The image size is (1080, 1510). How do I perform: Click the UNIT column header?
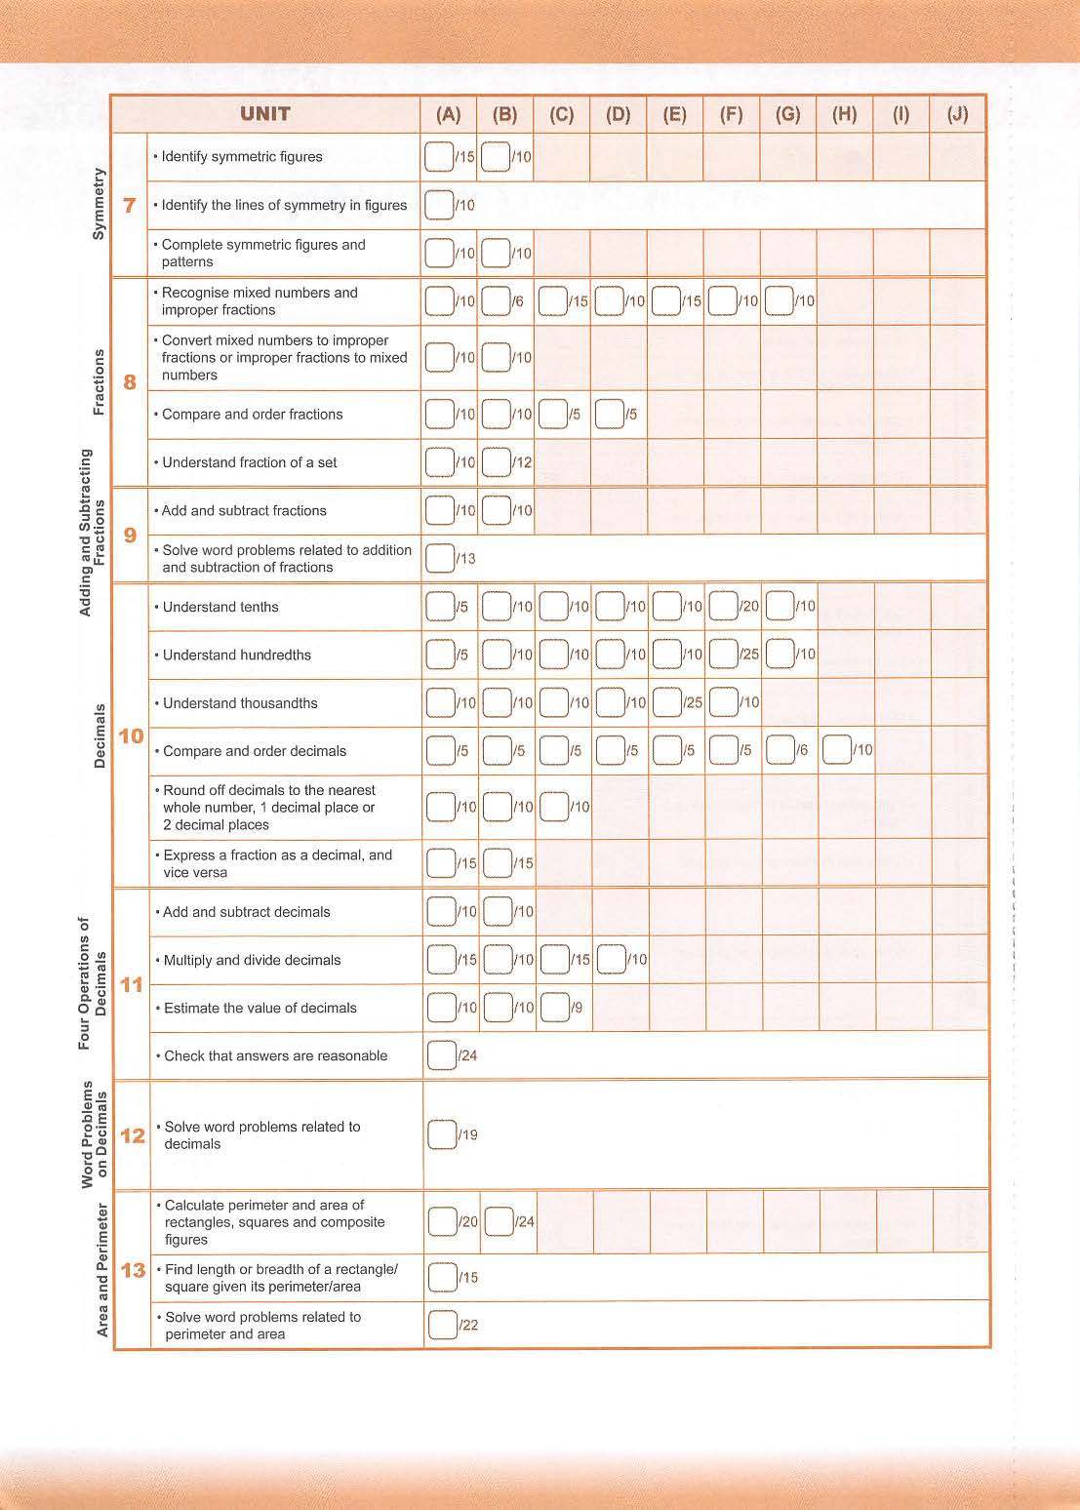(x=264, y=114)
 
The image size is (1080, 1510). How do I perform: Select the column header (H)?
(x=844, y=114)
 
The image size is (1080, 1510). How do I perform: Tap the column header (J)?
(x=957, y=114)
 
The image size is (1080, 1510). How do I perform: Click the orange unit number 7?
(x=129, y=205)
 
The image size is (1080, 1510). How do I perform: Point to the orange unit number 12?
(x=132, y=1135)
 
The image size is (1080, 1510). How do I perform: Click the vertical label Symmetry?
(x=98, y=204)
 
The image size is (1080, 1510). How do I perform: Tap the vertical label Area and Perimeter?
(x=102, y=1270)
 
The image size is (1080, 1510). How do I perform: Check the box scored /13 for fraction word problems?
(x=440, y=558)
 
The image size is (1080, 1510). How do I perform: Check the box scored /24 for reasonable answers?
(x=442, y=1054)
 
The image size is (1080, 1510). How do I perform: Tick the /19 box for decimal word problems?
(x=442, y=1134)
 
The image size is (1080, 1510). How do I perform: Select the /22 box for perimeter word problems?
(x=443, y=1325)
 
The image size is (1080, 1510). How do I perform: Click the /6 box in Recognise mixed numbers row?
(x=496, y=301)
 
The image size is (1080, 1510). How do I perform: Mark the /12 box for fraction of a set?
(x=497, y=461)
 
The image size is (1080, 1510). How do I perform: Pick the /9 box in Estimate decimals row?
(x=554, y=1007)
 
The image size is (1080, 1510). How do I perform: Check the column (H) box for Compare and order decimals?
(x=837, y=750)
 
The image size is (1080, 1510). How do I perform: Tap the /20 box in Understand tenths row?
(x=723, y=606)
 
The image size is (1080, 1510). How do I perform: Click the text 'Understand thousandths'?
(x=240, y=703)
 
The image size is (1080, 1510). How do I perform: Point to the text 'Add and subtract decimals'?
(x=247, y=912)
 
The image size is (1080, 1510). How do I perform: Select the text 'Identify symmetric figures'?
(x=242, y=156)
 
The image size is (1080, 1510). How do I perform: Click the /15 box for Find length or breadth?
(x=443, y=1277)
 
